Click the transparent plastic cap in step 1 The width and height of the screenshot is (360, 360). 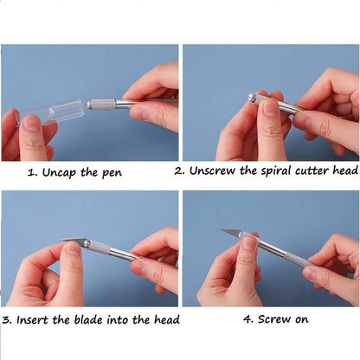pos(52,111)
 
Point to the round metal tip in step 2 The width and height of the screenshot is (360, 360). pos(251,97)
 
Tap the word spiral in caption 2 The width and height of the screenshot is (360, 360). pos(276,171)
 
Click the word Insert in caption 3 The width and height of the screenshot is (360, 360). pos(32,320)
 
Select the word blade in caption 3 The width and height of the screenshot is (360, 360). pos(88,319)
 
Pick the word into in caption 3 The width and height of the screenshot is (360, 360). pos(118,320)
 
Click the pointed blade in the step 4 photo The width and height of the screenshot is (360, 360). pos(231,231)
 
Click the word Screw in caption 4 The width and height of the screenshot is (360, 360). pos(274,319)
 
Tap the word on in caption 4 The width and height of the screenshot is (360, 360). pos(302,320)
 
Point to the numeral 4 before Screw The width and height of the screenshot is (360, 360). pos(247,319)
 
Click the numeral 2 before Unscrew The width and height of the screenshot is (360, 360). pos(179,171)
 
